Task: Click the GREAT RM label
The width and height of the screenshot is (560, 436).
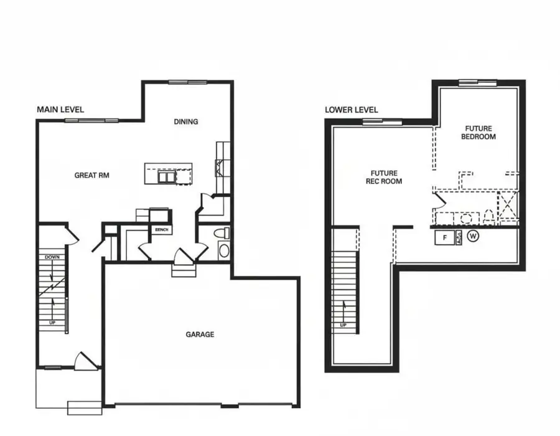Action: pyautogui.click(x=92, y=176)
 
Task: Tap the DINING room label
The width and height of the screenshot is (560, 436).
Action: pyautogui.click(x=186, y=121)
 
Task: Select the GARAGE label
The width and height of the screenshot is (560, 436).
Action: pyautogui.click(x=200, y=334)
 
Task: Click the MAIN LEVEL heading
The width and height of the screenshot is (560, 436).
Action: pyautogui.click(x=60, y=110)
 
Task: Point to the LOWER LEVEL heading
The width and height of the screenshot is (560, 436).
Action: pyautogui.click(x=352, y=110)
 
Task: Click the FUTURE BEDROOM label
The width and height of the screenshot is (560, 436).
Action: pyautogui.click(x=478, y=133)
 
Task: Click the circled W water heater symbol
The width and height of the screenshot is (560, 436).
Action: pyautogui.click(x=474, y=237)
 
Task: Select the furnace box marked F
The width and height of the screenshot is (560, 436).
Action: pyautogui.click(x=445, y=237)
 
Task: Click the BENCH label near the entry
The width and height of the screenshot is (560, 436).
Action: pyautogui.click(x=161, y=230)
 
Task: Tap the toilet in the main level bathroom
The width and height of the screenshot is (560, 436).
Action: pyautogui.click(x=222, y=233)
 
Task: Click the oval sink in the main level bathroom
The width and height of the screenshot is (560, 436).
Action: pyautogui.click(x=224, y=250)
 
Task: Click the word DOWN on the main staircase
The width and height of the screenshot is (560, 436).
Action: pyautogui.click(x=52, y=257)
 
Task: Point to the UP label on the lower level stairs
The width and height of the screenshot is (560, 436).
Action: pyautogui.click(x=343, y=325)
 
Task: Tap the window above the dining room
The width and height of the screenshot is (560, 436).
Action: pyautogui.click(x=188, y=82)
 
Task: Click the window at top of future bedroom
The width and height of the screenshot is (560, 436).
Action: pyautogui.click(x=478, y=82)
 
